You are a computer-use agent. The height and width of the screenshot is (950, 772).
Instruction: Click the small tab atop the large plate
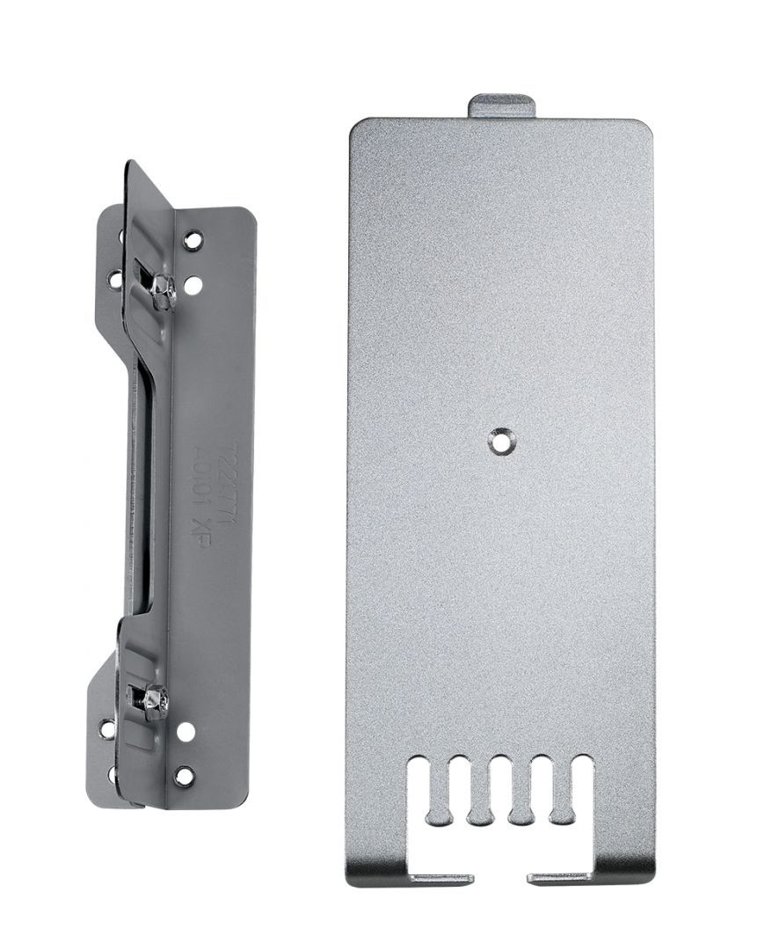pyautogui.click(x=501, y=106)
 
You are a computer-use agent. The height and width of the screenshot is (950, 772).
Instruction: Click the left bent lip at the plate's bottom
pyautogui.click(x=442, y=877)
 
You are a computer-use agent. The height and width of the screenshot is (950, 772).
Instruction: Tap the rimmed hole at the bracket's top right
pyautogui.click(x=193, y=238)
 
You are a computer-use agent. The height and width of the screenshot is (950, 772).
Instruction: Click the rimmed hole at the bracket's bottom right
pyautogui.click(x=184, y=776)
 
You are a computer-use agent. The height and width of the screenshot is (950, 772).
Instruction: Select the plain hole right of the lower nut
pyautogui.click(x=185, y=731)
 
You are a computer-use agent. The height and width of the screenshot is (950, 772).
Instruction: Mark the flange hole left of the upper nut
pyautogui.click(x=114, y=279)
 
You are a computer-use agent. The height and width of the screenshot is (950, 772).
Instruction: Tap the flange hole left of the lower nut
pyautogui.click(x=107, y=729)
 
